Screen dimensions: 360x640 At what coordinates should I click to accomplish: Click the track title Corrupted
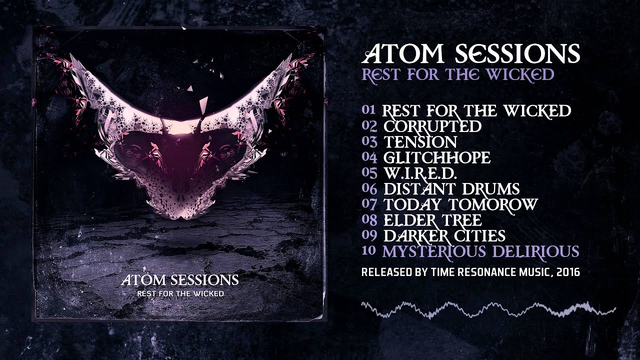click(x=432, y=126)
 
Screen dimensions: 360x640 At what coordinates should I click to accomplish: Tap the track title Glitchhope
click(x=436, y=157)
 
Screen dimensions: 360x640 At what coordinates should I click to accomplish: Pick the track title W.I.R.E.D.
click(x=420, y=173)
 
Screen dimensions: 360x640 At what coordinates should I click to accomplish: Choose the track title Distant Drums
click(x=451, y=188)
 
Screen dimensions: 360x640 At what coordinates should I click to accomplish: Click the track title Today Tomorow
click(x=460, y=204)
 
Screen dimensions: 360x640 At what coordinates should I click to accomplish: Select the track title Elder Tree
click(x=432, y=220)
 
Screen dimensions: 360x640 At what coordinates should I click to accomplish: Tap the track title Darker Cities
click(x=444, y=235)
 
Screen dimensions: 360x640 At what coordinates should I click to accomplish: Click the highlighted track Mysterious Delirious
click(x=480, y=251)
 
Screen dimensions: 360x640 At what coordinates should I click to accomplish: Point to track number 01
click(x=368, y=110)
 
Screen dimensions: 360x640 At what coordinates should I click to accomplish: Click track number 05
click(x=368, y=173)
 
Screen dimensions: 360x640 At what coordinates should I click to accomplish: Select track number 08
click(x=368, y=220)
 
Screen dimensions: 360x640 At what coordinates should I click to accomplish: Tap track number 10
click(x=368, y=251)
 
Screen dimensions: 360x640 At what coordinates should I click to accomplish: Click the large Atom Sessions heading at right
click(x=473, y=52)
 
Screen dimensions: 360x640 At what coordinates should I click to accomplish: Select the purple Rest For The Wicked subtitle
click(x=458, y=74)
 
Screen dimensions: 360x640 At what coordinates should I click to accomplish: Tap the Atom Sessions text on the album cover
click(x=179, y=279)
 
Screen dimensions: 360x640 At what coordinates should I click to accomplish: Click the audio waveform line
click(x=488, y=309)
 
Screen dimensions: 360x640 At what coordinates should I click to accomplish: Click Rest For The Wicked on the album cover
click(x=180, y=293)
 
